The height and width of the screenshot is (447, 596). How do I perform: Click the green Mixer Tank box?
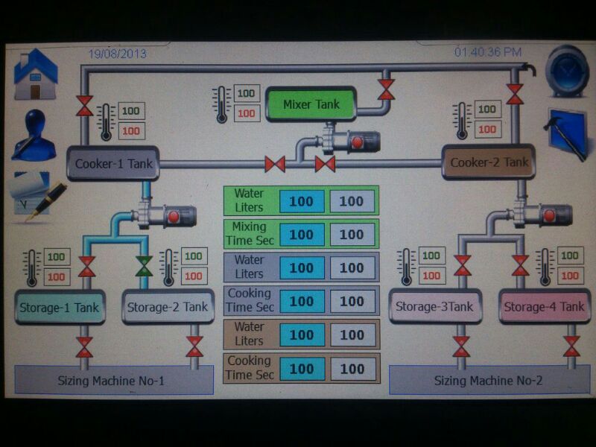point(311,105)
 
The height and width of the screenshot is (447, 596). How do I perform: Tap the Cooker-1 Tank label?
point(113,162)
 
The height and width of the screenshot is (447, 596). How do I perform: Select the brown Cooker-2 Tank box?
point(489,162)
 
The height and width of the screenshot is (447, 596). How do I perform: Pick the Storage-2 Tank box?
point(167,306)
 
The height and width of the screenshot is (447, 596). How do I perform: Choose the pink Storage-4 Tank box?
point(544,306)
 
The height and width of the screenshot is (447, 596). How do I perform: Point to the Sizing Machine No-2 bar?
point(488,381)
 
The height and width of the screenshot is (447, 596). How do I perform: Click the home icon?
point(35,74)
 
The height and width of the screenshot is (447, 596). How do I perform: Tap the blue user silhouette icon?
point(34,136)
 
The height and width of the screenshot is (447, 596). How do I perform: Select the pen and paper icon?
point(36,196)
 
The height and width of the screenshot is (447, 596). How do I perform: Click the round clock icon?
point(567,72)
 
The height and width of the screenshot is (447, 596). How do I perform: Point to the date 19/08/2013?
point(118,54)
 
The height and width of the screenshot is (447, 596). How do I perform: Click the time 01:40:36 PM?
point(488,52)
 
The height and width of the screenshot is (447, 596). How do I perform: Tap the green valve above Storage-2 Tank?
point(144,266)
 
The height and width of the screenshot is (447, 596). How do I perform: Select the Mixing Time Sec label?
point(250,233)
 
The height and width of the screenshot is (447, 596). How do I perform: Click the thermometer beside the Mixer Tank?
point(221,104)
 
